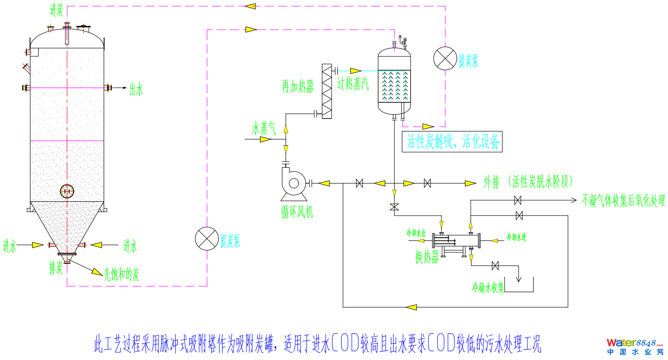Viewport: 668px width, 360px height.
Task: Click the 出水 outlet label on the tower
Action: click(136, 89)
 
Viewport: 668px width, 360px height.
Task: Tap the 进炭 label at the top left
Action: click(56, 10)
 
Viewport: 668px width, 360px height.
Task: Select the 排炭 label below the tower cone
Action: click(55, 268)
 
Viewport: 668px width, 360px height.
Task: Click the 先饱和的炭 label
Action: click(122, 274)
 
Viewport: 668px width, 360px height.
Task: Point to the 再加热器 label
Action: click(298, 87)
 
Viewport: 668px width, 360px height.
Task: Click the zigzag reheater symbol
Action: click(327, 91)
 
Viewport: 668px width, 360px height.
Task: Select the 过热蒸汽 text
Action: click(353, 84)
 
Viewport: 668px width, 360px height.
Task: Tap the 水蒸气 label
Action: click(264, 128)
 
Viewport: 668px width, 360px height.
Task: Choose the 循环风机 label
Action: click(297, 212)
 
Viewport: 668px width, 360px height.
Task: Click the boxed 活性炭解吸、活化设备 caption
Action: click(453, 142)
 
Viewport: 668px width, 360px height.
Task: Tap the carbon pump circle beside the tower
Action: click(207, 238)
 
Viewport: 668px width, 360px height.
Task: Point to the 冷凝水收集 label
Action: click(488, 287)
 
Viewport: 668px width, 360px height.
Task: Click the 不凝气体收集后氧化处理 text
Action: click(623, 201)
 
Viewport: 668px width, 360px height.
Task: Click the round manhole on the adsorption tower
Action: click(67, 191)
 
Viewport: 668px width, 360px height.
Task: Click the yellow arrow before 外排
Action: click(471, 183)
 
